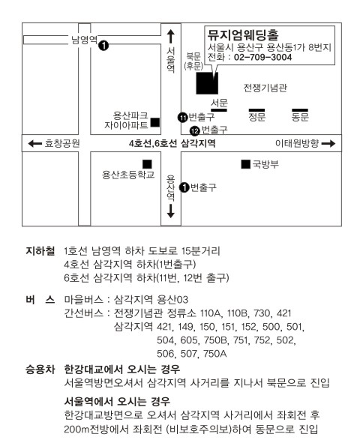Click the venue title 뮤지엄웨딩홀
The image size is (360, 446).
(243, 35)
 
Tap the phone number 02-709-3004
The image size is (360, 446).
(262, 57)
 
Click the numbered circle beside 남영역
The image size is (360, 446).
(103, 45)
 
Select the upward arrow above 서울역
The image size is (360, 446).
(170, 37)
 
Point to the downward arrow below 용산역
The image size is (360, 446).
(170, 211)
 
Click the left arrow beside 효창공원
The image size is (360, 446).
(35, 144)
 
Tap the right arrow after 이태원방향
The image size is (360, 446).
(328, 143)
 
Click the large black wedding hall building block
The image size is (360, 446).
(207, 83)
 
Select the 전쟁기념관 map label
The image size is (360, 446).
(265, 88)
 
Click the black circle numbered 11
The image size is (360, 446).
(182, 117)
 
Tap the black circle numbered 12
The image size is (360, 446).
(195, 131)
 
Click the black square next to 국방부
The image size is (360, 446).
(246, 164)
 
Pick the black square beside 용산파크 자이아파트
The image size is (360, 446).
(155, 122)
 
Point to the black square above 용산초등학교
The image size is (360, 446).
(147, 164)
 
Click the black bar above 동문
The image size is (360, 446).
(300, 110)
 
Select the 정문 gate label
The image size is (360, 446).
(257, 117)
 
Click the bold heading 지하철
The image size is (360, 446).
(40, 251)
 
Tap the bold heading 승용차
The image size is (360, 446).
(40, 370)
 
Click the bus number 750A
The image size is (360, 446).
(214, 354)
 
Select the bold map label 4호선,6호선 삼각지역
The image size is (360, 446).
(172, 143)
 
